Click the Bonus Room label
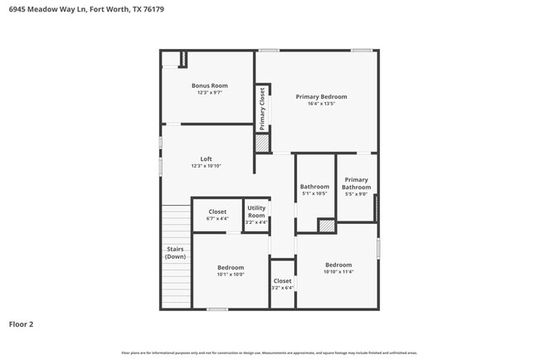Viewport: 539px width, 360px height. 210,85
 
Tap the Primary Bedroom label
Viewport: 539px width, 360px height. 322,97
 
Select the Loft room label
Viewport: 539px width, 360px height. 206,159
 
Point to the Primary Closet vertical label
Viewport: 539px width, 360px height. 262,109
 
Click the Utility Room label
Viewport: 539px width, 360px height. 256,212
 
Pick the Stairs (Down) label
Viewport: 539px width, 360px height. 175,252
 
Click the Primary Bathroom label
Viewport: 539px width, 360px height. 357,183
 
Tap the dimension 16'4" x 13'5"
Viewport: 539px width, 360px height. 322,105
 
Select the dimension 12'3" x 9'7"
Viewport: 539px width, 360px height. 210,93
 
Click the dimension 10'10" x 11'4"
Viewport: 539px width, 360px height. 338,271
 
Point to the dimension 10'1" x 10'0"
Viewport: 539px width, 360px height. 231,275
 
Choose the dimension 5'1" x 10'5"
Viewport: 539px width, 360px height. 315,193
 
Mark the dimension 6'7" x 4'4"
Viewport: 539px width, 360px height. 217,219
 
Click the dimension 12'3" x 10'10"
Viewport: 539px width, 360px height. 206,166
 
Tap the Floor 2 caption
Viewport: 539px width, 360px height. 21,324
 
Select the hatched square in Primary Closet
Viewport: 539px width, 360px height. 262,143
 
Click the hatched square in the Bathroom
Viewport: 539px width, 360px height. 327,225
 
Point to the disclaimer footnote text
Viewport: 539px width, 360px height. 269,353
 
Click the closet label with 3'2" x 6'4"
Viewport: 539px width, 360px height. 283,281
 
